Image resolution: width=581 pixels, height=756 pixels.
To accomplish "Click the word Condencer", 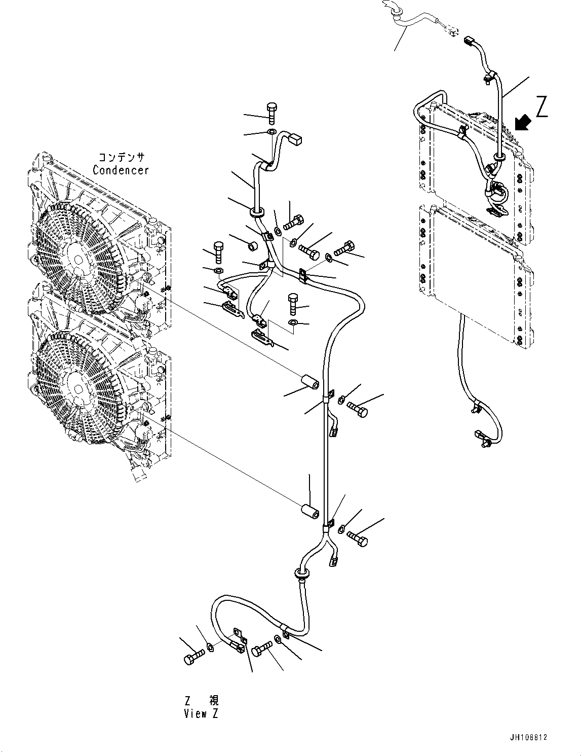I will (121, 170).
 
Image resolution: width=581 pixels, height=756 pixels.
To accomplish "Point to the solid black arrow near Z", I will (522, 122).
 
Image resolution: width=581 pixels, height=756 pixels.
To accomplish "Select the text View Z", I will (202, 713).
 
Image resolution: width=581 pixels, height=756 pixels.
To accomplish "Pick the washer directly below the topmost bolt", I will (272, 133).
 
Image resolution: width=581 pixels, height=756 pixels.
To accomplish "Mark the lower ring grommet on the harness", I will (302, 575).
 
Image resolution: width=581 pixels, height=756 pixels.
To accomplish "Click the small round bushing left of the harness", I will (252, 246).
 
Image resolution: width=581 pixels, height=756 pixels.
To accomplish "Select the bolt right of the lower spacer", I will (358, 539).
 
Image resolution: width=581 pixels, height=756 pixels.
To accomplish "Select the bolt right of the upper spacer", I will (358, 410).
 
